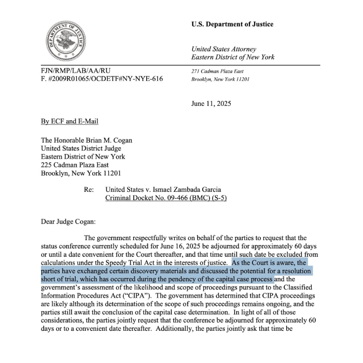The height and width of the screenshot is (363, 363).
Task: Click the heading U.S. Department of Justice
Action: (232, 24)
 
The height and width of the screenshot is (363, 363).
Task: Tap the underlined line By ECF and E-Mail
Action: (69, 121)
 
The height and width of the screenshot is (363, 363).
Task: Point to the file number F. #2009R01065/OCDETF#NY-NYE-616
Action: (102, 79)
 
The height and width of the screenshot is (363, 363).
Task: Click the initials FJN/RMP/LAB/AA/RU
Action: (76, 70)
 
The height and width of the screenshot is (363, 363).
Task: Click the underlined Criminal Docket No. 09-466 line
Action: (166, 198)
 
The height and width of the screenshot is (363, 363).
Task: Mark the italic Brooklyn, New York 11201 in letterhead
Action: (221, 79)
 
